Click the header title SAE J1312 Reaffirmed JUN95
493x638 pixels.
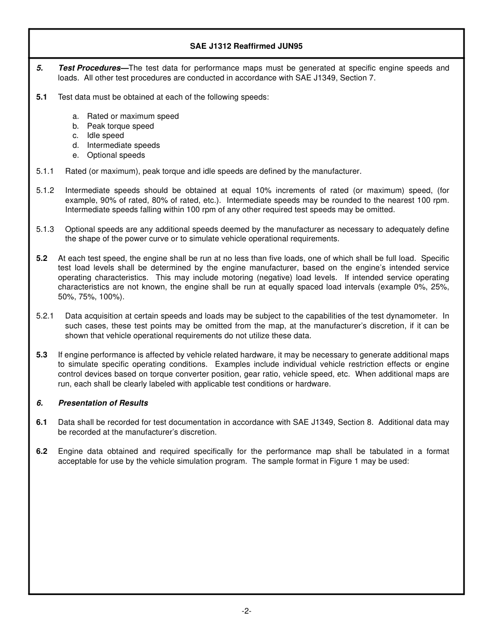[x=246, y=46]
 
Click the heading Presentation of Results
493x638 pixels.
[x=103, y=403]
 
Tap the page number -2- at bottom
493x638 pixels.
[x=246, y=611]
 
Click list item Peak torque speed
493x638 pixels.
[x=120, y=126]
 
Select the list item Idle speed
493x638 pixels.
[x=105, y=135]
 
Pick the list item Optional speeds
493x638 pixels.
[x=116, y=155]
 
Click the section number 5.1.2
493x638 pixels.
[x=45, y=190]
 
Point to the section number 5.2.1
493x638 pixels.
[x=45, y=316]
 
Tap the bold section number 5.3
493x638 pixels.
[x=42, y=355]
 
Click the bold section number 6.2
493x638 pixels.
[x=42, y=451]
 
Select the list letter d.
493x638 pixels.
[x=76, y=145]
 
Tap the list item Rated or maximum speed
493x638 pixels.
[x=133, y=116]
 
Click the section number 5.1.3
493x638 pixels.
[x=45, y=229]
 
